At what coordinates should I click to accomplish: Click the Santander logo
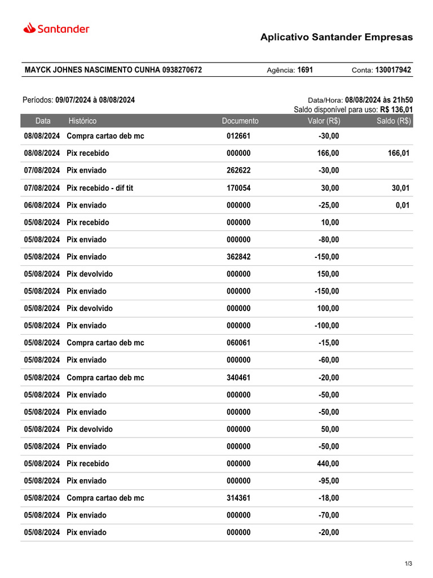[x=56, y=28]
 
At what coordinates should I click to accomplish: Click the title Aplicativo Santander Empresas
[x=336, y=37]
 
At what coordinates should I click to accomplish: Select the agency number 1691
[x=305, y=70]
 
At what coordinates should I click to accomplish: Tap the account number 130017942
[x=393, y=70]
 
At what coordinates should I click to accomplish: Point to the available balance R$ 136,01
[x=396, y=110]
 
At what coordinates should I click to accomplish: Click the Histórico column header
[x=82, y=121]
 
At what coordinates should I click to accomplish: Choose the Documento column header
[x=240, y=121]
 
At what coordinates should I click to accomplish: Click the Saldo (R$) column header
[x=394, y=121]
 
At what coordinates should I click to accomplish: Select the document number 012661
[x=238, y=136]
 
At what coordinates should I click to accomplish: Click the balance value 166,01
[x=399, y=154]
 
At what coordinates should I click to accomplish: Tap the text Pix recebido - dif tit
[x=100, y=188]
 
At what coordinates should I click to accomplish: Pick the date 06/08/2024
[x=42, y=205]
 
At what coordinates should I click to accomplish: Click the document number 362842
[x=238, y=257]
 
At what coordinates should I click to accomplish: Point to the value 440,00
[x=328, y=463]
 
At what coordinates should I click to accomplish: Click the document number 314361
[x=238, y=498]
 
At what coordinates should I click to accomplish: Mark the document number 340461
[x=238, y=378]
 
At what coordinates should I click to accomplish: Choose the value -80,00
[x=329, y=239]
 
